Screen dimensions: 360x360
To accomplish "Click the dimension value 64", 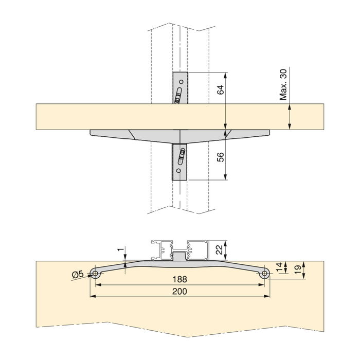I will point(220,90).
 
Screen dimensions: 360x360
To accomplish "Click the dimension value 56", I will point(220,157).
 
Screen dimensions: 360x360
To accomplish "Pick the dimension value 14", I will point(279,267).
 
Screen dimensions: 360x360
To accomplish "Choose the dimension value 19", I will point(297,269).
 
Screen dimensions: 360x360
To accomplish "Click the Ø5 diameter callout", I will point(78,275).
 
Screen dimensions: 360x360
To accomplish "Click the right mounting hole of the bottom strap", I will point(264,275).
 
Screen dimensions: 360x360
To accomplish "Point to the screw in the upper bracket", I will point(178,96).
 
